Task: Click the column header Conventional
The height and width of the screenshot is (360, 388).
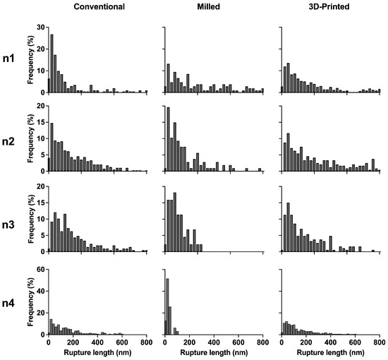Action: [x=99, y=6]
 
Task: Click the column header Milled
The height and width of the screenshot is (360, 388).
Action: [x=208, y=6]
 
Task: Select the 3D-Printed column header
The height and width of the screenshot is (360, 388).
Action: [x=329, y=6]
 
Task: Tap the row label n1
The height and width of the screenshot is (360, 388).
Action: [x=8, y=59]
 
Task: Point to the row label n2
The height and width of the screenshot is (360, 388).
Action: [x=8, y=142]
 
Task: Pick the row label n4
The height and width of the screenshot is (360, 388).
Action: [x=8, y=303]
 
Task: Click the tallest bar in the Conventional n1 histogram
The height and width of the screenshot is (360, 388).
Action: [x=51, y=64]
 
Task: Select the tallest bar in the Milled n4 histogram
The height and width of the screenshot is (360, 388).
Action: [x=167, y=306]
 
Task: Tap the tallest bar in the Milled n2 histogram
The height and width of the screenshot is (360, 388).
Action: [x=169, y=139]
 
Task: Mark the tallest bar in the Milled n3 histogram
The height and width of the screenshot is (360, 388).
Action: [x=175, y=222]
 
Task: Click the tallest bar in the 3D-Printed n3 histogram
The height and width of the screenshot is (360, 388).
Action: [x=288, y=227]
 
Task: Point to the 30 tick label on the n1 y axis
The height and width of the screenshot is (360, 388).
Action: [x=40, y=28]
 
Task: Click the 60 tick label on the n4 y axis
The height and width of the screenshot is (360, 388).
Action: [x=40, y=270]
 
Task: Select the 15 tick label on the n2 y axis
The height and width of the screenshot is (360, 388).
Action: [x=40, y=122]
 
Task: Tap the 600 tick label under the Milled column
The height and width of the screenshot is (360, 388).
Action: [x=238, y=342]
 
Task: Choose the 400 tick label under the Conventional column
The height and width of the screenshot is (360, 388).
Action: [x=97, y=342]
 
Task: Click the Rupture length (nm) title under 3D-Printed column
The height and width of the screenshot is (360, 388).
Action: [x=330, y=352]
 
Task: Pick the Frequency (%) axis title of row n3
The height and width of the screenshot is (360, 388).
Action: [x=30, y=219]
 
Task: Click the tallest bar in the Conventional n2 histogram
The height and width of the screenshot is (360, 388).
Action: [x=51, y=147]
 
